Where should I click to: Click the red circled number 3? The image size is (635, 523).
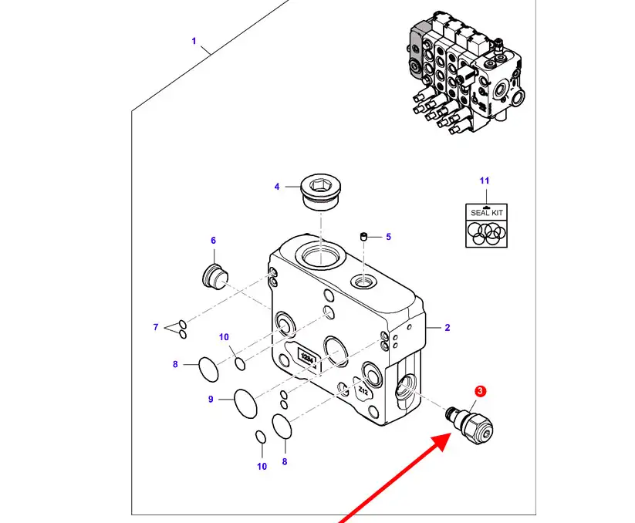point(480,393)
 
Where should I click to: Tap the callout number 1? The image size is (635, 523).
point(194,41)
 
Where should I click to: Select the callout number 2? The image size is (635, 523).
point(448,328)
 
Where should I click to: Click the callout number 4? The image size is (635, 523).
point(276,187)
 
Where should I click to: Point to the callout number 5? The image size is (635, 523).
point(388,237)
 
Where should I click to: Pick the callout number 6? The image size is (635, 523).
point(214,241)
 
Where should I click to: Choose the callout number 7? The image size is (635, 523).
point(155,328)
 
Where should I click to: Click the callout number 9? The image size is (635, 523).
point(210,399)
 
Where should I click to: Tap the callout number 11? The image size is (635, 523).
point(485,181)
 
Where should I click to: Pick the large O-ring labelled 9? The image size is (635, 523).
point(245,403)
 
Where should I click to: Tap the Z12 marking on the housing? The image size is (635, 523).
point(363,391)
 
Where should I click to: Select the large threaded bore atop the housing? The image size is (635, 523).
point(320,257)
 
